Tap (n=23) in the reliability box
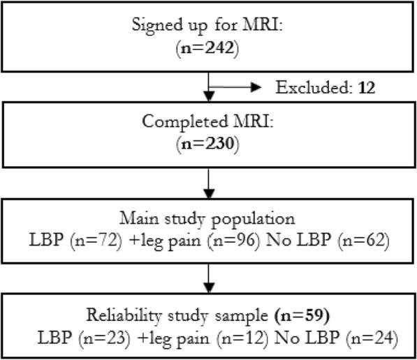click(98, 338)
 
